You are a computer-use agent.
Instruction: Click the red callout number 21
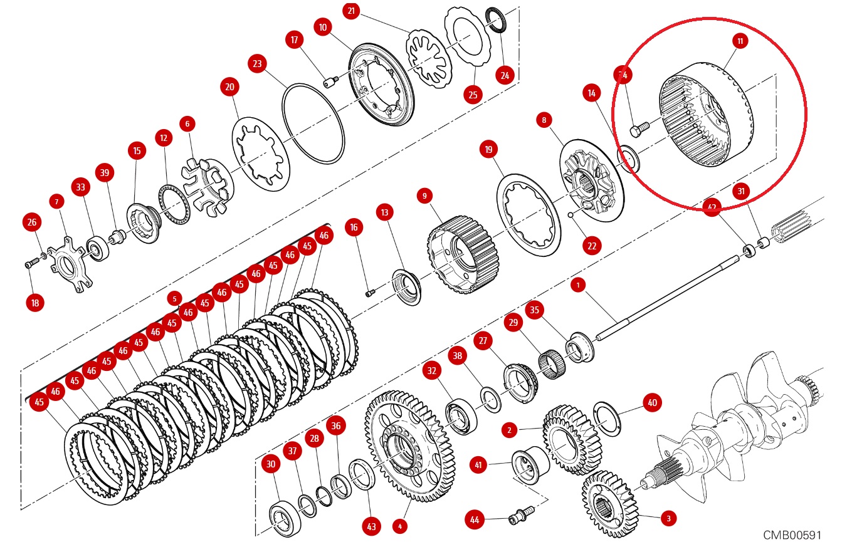point(351,11)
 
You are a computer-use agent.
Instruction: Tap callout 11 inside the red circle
point(740,41)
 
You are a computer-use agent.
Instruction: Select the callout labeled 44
point(475,519)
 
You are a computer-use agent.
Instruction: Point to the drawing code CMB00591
point(792,534)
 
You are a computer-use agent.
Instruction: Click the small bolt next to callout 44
point(518,514)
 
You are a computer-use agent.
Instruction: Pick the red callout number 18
point(35,303)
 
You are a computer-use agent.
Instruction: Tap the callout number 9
point(424,196)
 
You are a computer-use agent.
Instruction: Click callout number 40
point(652,402)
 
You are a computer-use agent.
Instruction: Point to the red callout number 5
point(174,298)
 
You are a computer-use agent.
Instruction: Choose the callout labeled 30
point(270,464)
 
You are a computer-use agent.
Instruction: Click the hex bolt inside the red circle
point(639,129)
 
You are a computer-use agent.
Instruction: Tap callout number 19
point(488,149)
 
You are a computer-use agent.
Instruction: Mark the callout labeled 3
point(668,518)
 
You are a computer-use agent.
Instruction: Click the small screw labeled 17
point(330,81)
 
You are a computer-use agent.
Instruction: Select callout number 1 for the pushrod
point(577,285)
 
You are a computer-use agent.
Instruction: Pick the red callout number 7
point(56,202)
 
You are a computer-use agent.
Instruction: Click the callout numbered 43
point(372,527)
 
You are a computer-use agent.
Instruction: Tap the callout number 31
point(741,191)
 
